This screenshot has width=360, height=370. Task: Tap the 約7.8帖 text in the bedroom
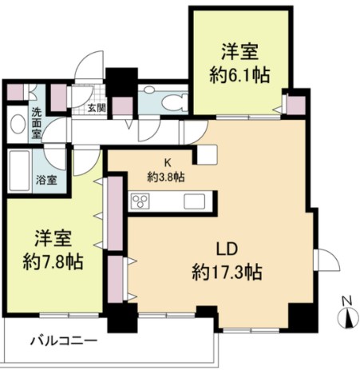tap(53, 261)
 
